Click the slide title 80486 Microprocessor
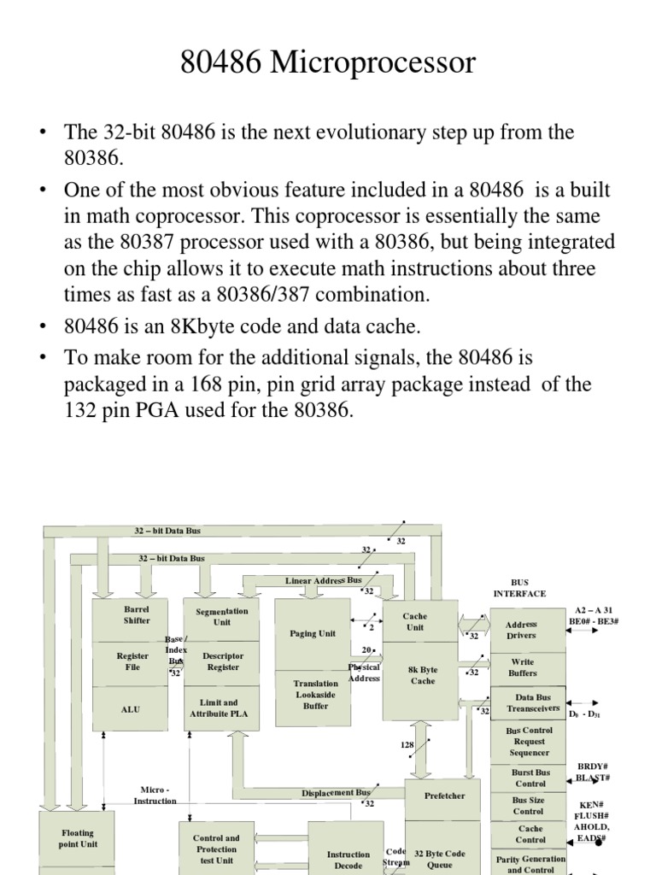(328, 63)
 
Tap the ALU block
(131, 709)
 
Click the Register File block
(132, 661)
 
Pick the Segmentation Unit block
(222, 617)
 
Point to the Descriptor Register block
(223, 661)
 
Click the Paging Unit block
(312, 633)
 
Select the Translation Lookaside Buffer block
(315, 695)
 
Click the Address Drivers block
(521, 630)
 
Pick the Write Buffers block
(522, 667)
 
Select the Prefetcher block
(445, 796)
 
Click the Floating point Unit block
(77, 838)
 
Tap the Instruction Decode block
(348, 859)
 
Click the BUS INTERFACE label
(519, 588)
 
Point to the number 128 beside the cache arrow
(407, 745)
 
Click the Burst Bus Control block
(530, 778)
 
